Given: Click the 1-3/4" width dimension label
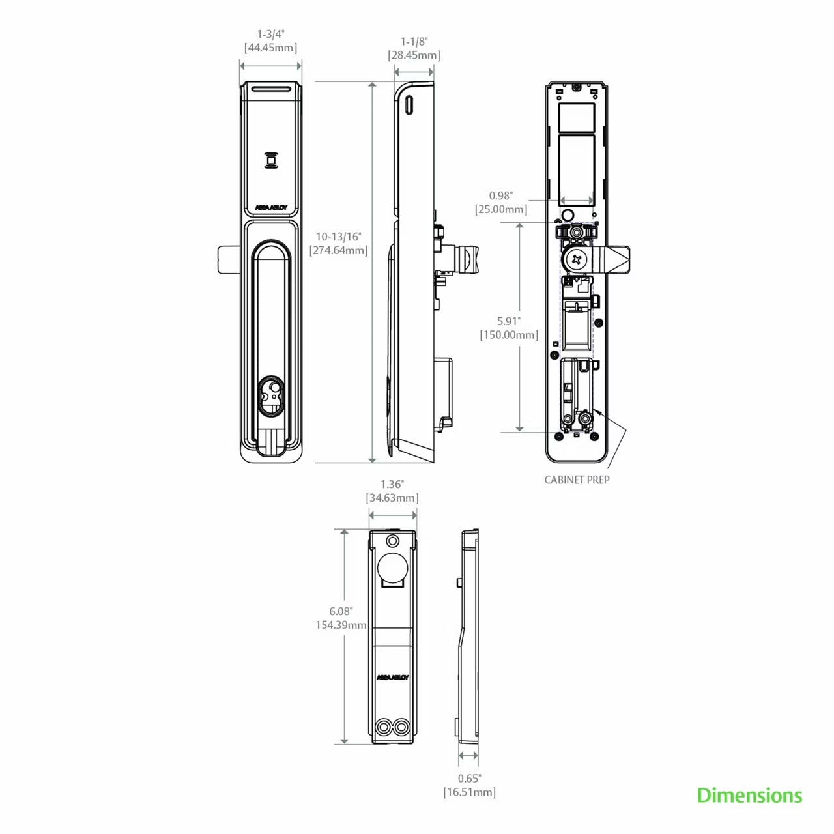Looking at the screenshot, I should tap(270, 34).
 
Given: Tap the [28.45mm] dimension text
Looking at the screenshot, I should tap(414, 55).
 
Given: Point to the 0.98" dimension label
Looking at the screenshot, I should tap(502, 195).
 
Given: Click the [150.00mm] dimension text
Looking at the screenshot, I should tap(509, 335).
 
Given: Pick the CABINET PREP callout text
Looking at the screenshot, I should tap(577, 480).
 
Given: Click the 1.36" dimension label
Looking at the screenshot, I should tap(392, 484).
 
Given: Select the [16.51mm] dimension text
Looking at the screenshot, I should tap(469, 792).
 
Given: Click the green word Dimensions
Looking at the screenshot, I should tap(749, 796).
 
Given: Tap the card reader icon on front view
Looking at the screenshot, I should tap(270, 160).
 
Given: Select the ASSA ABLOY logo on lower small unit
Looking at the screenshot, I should tap(392, 677).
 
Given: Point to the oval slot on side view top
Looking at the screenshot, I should tap(410, 104).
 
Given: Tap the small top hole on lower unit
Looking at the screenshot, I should tap(392, 541).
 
